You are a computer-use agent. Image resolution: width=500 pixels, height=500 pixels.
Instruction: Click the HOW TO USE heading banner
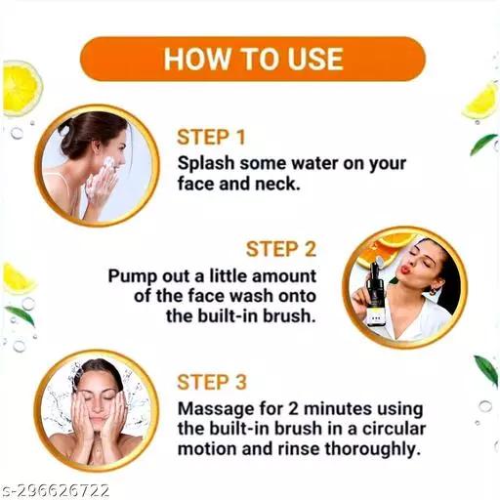click(253, 59)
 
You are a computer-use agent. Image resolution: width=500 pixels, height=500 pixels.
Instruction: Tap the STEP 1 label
click(211, 137)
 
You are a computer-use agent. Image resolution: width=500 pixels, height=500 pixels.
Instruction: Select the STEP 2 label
click(281, 249)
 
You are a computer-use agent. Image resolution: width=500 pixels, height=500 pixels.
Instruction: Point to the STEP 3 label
click(212, 382)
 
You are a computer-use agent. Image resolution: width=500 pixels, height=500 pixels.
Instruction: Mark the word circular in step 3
click(394, 429)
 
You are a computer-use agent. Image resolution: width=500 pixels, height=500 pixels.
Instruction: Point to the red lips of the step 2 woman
click(405, 270)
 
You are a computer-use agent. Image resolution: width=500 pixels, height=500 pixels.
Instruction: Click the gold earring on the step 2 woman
click(434, 290)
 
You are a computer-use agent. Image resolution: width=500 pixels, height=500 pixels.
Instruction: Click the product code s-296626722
click(55, 490)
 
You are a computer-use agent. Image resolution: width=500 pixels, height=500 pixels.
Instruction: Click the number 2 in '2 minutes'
click(293, 409)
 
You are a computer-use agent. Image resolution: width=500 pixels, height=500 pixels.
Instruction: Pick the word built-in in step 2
click(227, 316)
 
